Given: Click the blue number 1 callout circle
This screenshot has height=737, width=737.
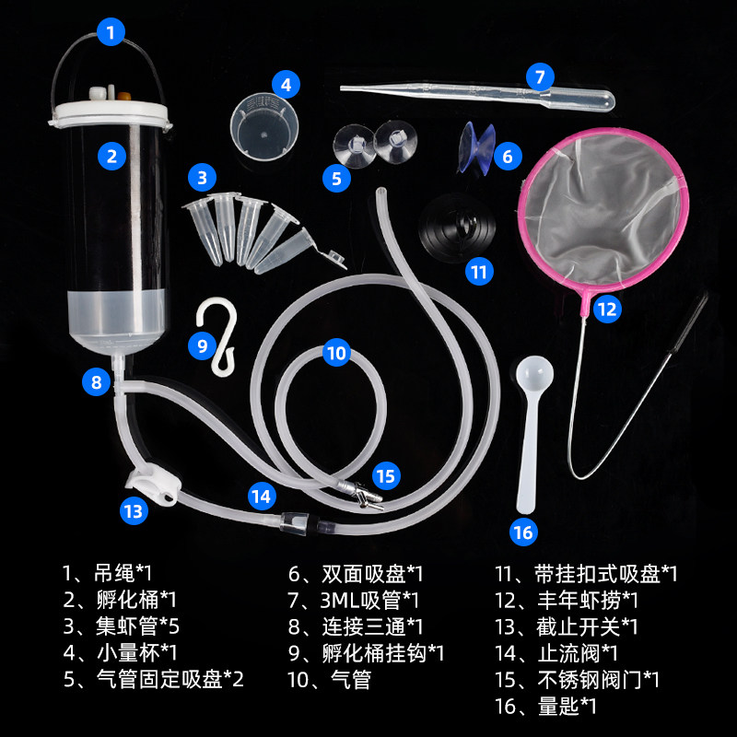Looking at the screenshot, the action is tap(111, 34).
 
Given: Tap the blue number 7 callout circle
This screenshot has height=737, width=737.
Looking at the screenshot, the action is tap(541, 76).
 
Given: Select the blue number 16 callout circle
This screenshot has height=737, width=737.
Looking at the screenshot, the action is tap(523, 532).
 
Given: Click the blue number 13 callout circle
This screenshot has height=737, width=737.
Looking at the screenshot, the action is tap(135, 509).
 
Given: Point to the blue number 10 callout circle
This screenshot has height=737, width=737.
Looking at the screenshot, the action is tap(337, 352).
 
